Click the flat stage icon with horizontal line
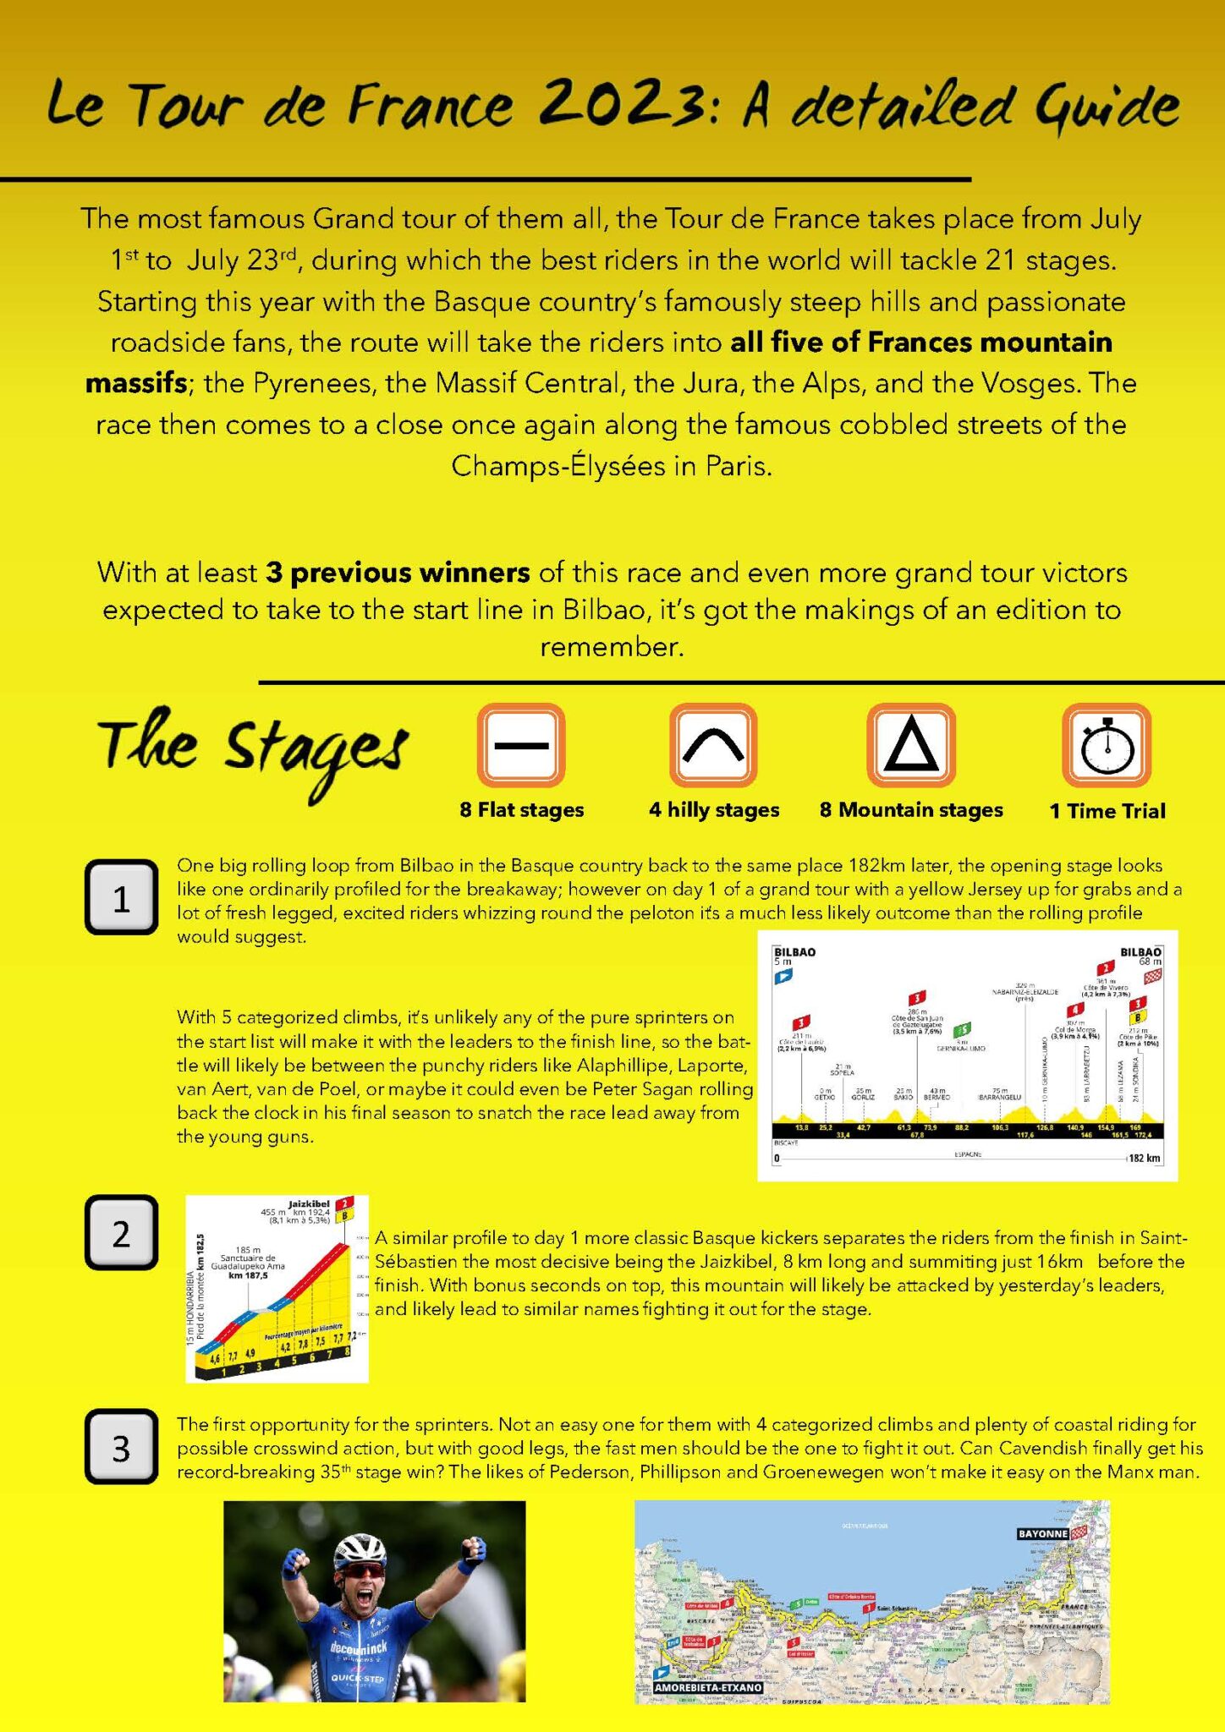point(520,745)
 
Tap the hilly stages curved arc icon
point(713,745)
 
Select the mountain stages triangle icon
point(911,745)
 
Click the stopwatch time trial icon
point(1107,745)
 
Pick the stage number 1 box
point(121,897)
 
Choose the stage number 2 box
point(121,1233)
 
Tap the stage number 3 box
point(121,1447)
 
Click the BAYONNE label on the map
point(1042,1533)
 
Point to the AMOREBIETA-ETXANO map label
point(709,1687)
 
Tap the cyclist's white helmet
point(360,1549)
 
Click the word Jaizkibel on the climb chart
point(309,1203)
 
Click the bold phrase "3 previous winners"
point(398,573)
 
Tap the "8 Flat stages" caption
point(521,809)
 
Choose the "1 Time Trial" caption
point(1107,810)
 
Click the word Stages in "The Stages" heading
point(315,748)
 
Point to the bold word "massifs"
point(136,383)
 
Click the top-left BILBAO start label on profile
point(794,951)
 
